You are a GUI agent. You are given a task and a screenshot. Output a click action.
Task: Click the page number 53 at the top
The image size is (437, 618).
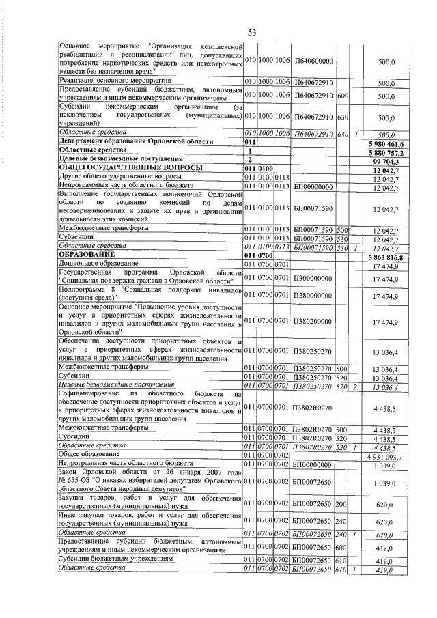(251, 32)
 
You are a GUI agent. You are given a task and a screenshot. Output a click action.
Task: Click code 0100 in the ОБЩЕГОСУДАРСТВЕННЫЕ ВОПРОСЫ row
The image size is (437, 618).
(266, 167)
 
